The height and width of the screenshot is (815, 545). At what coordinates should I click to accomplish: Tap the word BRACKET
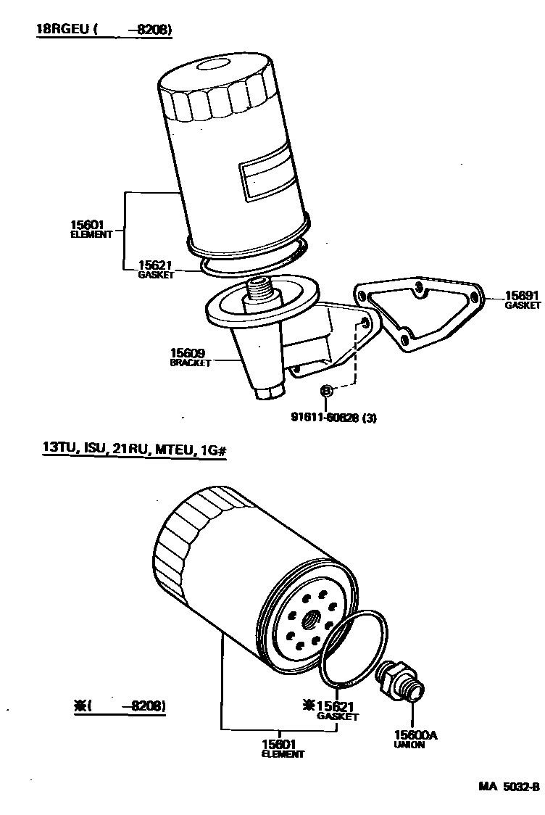pyautogui.click(x=190, y=363)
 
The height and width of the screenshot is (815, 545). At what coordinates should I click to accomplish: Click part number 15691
pyautogui.click(x=521, y=296)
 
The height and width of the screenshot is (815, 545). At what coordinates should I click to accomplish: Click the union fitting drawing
pyautogui.click(x=399, y=679)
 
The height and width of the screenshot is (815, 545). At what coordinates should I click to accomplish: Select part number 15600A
pyautogui.click(x=415, y=735)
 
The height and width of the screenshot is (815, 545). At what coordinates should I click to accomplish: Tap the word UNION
pyautogui.click(x=409, y=745)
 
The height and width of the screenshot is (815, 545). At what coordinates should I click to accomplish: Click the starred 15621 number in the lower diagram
pyautogui.click(x=333, y=706)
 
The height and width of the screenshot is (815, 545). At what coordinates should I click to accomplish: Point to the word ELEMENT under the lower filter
pyautogui.click(x=283, y=754)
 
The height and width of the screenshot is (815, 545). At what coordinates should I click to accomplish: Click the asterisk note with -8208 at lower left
pyautogui.click(x=120, y=706)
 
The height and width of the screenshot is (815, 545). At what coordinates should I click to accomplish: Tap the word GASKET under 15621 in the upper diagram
pyautogui.click(x=157, y=276)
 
